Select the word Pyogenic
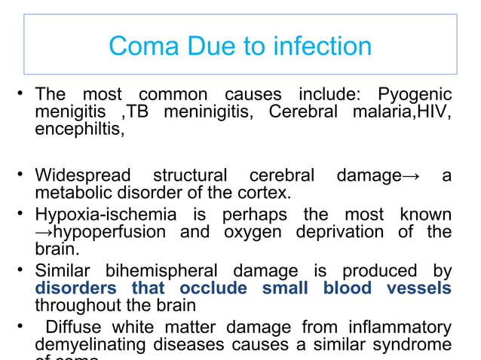pyautogui.click(x=415, y=96)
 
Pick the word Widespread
pyautogui.click(x=82, y=176)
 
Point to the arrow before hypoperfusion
pyautogui.click(x=43, y=231)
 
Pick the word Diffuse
pyautogui.click(x=76, y=328)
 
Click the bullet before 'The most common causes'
pyautogui.click(x=25, y=96)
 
